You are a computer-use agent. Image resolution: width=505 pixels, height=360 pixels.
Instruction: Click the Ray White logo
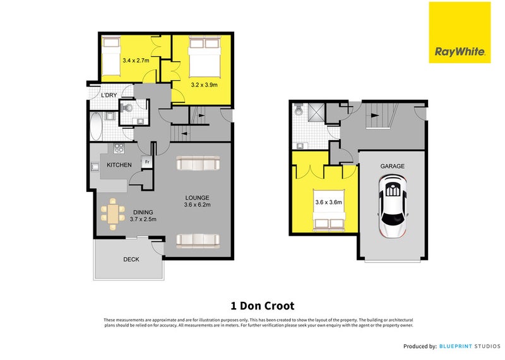tap(460, 32)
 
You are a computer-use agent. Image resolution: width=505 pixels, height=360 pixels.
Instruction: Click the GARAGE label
tap(392, 166)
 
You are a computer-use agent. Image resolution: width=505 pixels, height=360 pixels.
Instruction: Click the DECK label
tap(131, 259)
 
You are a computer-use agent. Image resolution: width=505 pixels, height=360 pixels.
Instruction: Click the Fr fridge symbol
tap(146, 162)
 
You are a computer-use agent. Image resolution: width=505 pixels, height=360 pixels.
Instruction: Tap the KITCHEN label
tap(119, 165)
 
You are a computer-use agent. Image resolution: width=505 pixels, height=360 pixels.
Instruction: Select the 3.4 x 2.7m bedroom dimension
tap(136, 61)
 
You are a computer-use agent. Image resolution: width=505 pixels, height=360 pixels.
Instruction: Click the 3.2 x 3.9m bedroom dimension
tap(204, 83)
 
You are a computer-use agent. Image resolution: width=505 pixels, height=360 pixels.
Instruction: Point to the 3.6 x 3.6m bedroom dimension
tap(328, 202)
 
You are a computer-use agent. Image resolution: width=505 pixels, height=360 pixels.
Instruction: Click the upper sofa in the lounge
tap(198, 164)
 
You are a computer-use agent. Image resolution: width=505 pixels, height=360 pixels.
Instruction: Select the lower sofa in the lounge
tap(198, 239)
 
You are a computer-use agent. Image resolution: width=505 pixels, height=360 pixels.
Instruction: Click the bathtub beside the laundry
tap(96, 126)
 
